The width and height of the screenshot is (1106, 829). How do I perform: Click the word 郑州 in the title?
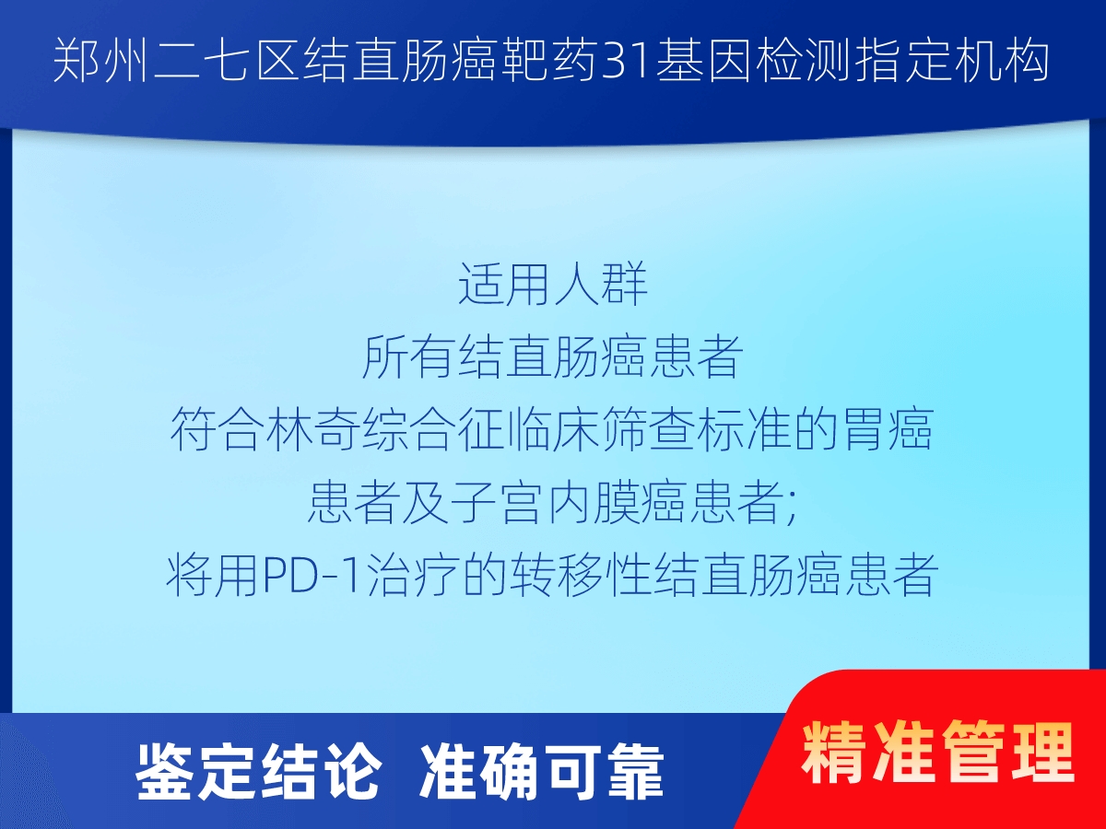(101, 62)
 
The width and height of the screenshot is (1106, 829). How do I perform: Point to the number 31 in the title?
(627, 62)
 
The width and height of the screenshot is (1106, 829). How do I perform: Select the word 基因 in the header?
(703, 62)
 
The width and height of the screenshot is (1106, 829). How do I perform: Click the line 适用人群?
(553, 285)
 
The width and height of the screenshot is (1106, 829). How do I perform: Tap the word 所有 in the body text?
(407, 357)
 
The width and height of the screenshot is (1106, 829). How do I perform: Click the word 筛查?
(649, 430)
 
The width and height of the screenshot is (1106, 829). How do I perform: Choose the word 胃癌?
(888, 430)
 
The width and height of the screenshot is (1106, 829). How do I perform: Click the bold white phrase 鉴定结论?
(257, 774)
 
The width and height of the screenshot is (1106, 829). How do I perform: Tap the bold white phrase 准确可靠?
(542, 774)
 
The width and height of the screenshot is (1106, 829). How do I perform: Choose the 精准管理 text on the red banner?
(937, 753)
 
